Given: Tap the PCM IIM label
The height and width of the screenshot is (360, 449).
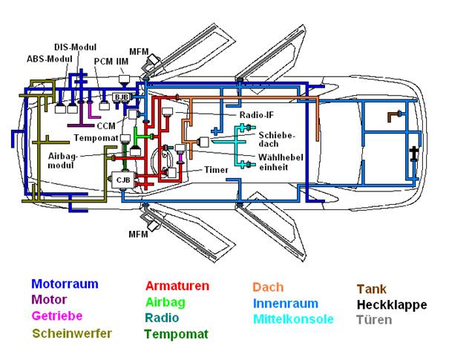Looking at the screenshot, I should (108, 62).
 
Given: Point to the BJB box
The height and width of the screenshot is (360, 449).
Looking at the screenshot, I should (119, 96).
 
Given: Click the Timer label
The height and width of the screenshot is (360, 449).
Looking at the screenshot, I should (216, 170).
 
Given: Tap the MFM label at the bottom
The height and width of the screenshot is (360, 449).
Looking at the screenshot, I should (138, 235).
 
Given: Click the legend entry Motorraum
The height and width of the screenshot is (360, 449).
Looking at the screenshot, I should (65, 284).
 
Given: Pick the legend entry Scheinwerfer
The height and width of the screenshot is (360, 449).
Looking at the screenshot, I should (72, 333).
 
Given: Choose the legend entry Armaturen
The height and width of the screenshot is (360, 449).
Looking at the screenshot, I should (177, 286).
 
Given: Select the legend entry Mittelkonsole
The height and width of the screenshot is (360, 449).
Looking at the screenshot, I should (293, 319).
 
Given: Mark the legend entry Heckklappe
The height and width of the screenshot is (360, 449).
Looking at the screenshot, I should (391, 305).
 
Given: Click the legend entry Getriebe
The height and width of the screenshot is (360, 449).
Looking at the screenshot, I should (57, 317).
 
